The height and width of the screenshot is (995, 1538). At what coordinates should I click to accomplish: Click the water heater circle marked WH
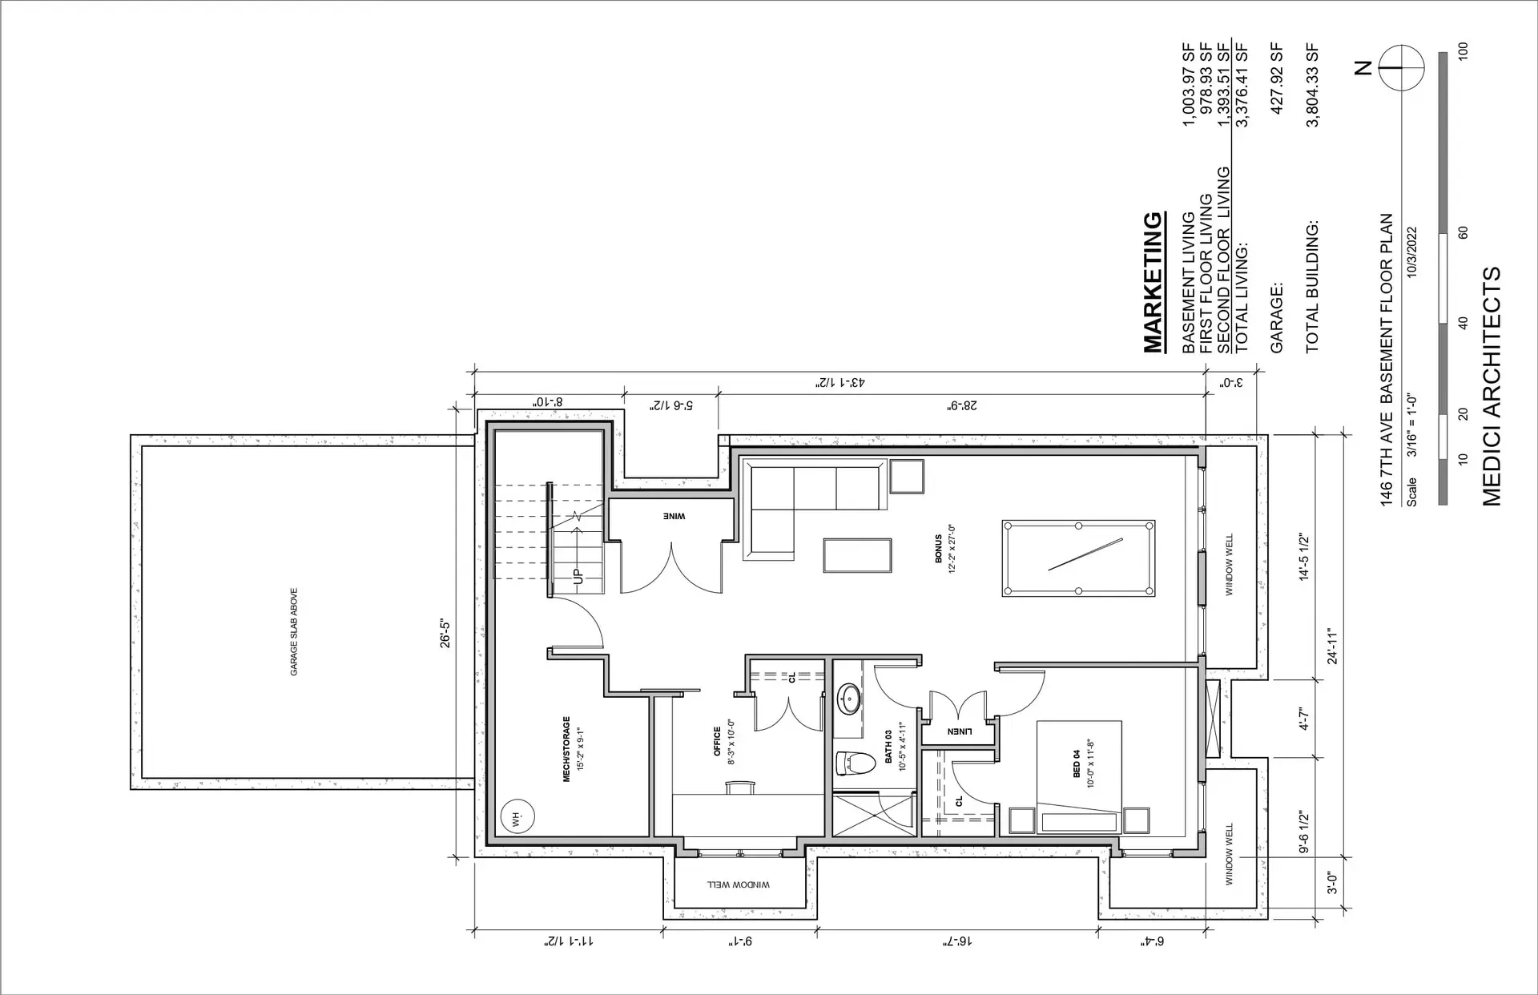click(x=517, y=817)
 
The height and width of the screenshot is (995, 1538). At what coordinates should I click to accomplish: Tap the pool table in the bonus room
click(x=1078, y=558)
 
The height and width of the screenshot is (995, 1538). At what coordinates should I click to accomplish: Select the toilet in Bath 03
click(x=852, y=763)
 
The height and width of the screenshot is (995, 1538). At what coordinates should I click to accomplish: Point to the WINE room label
click(x=674, y=517)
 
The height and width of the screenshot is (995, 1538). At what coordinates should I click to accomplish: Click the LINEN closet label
click(x=960, y=731)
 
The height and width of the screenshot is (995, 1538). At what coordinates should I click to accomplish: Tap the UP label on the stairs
click(x=576, y=574)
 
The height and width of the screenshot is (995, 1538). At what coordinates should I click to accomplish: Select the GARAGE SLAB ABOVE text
click(x=294, y=632)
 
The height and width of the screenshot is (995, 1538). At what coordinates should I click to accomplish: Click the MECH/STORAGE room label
click(x=566, y=748)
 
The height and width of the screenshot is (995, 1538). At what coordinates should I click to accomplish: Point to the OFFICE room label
click(x=718, y=741)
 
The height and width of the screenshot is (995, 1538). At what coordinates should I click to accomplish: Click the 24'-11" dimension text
click(x=1332, y=647)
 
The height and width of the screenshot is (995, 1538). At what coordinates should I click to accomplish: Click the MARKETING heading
click(x=1152, y=283)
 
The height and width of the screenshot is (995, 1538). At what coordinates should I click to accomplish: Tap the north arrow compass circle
click(x=1401, y=68)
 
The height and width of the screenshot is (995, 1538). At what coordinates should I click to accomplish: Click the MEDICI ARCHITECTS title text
click(x=1491, y=386)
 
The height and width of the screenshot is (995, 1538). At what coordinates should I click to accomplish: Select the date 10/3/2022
click(x=1412, y=252)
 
